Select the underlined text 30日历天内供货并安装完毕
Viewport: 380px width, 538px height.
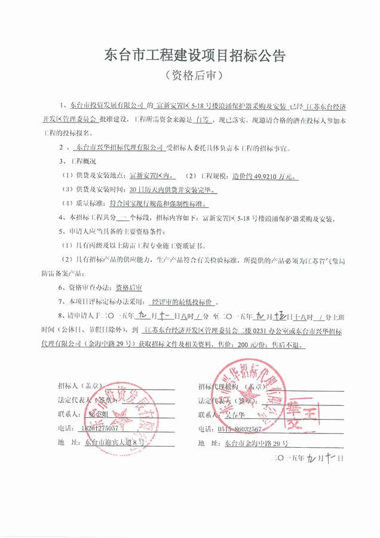point(172,191)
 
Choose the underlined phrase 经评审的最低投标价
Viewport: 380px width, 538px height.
point(184,302)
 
